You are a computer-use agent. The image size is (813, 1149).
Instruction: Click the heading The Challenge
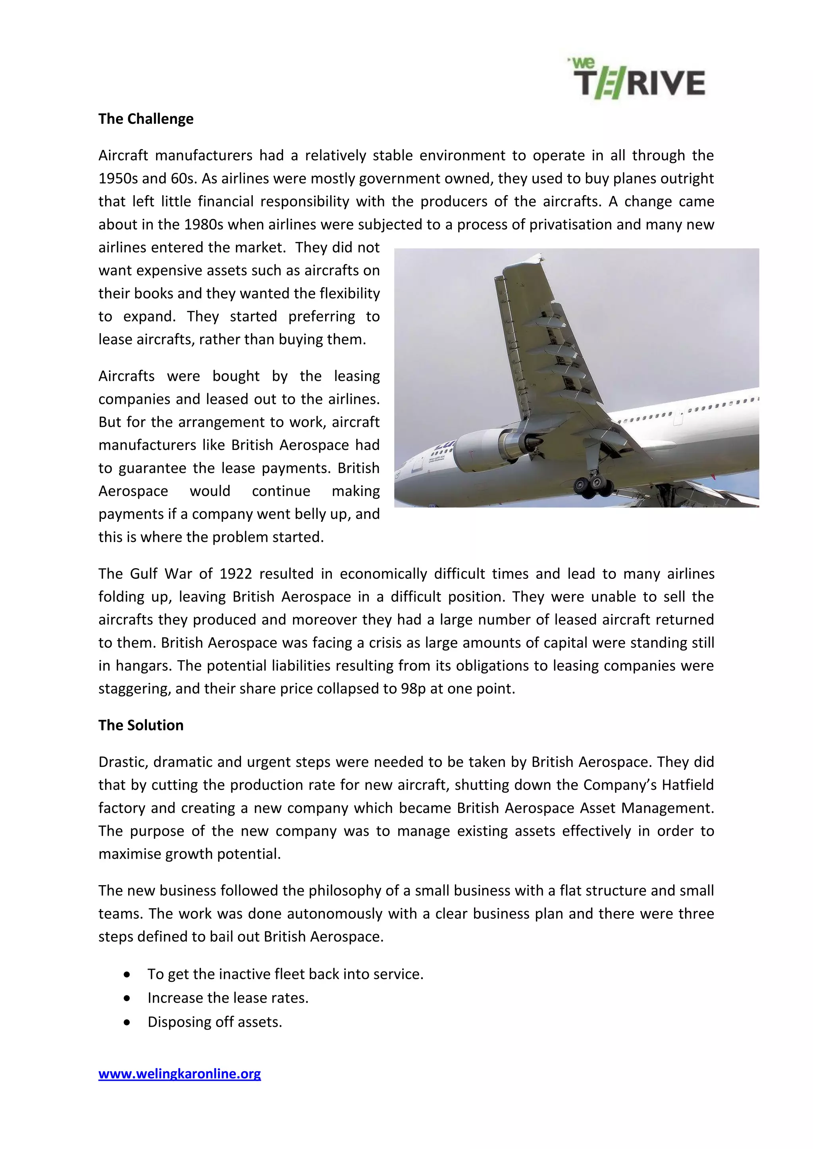[146, 119]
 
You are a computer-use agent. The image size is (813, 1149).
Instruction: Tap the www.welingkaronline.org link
[179, 1074]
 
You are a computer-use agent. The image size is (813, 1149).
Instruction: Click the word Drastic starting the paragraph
[123, 762]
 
